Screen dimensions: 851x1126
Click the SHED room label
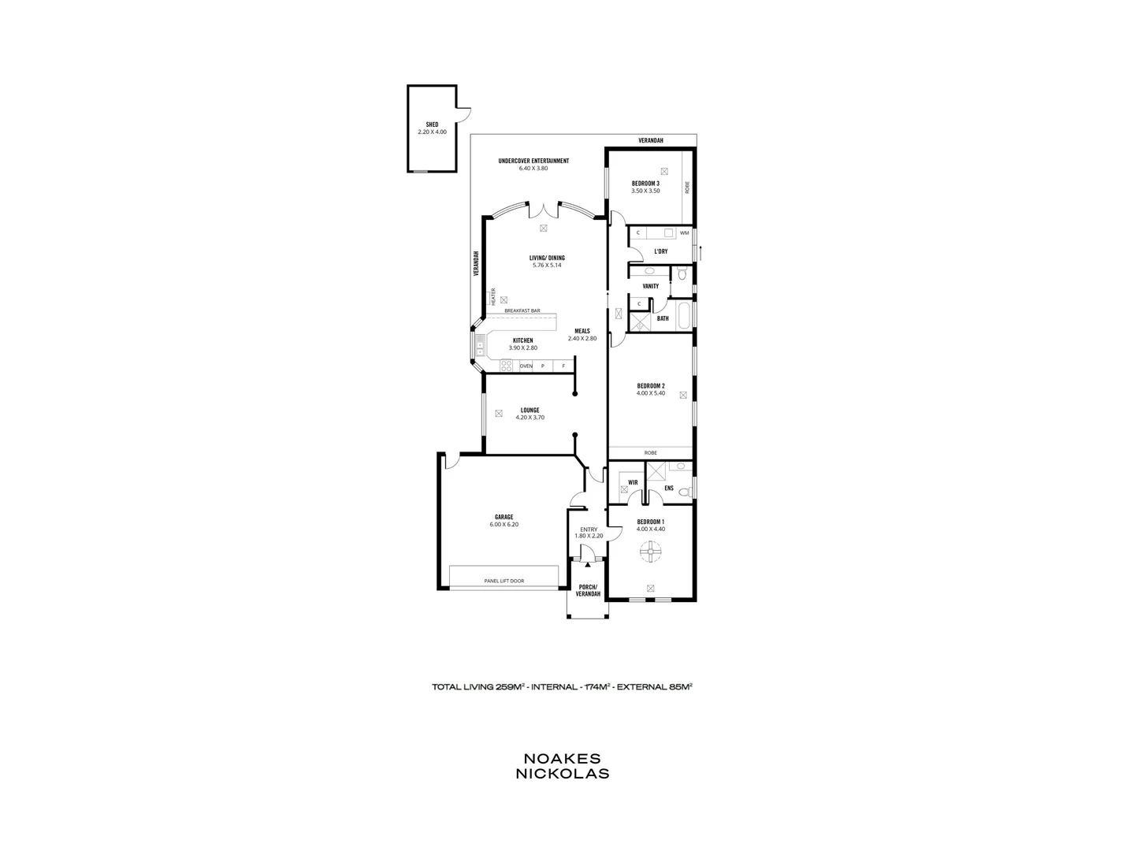coord(432,124)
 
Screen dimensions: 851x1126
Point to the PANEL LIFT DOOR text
coord(504,582)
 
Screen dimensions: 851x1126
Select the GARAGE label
coord(504,517)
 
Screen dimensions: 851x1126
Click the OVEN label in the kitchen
coord(526,366)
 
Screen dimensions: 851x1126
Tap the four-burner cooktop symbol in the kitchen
coord(506,366)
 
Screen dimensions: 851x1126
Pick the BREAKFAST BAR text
coord(522,311)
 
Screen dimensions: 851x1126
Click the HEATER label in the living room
coord(493,296)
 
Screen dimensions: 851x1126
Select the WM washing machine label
coord(684,233)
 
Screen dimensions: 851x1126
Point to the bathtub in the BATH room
coord(685,318)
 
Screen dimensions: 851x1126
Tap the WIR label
coord(633,482)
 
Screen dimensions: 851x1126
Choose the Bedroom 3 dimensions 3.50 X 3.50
coord(645,191)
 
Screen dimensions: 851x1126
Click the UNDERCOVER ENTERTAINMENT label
coord(533,162)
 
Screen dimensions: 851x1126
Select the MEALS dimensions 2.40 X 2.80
coord(582,339)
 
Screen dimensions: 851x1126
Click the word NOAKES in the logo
coord(562,758)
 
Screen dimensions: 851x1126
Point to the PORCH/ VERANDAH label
coord(588,590)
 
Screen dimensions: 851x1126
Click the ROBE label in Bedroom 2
coord(650,453)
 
